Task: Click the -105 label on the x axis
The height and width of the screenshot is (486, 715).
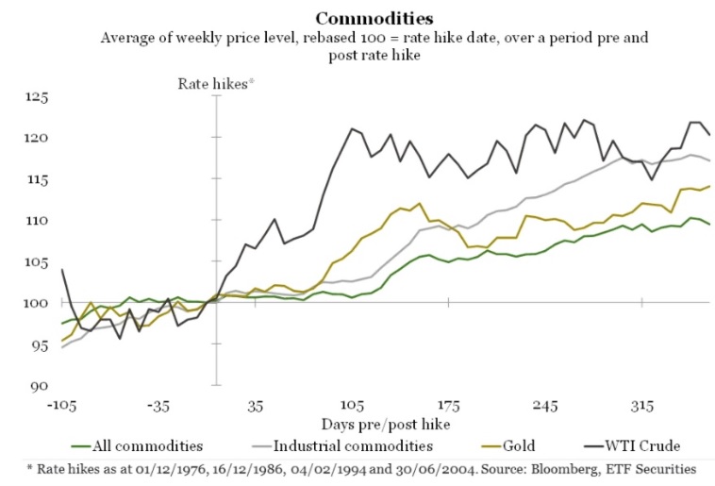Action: (60, 406)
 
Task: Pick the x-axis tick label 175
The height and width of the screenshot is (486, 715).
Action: (449, 406)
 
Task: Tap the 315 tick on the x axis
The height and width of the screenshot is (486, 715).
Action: (643, 406)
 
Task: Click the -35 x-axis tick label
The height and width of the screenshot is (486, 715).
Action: (158, 406)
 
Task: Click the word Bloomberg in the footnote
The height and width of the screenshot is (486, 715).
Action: (563, 467)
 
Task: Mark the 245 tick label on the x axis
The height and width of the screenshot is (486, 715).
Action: (546, 406)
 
